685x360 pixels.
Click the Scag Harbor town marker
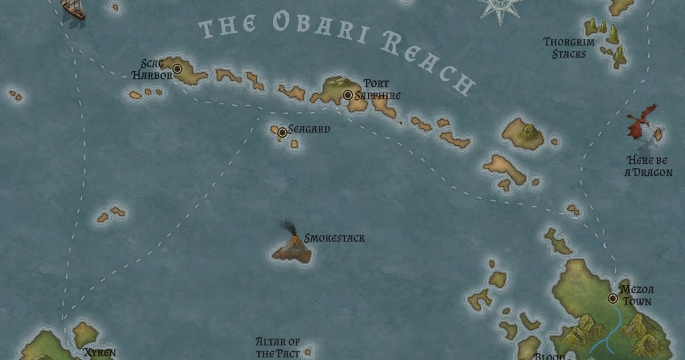[x=178, y=69]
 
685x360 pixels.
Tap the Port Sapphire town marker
[x=348, y=95]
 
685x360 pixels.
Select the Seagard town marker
[x=282, y=132]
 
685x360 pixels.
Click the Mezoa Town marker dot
[x=612, y=298]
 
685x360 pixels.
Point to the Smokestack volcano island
[x=292, y=250]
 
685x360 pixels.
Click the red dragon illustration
[x=642, y=121]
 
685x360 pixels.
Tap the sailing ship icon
[x=73, y=8]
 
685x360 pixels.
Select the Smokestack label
[x=334, y=238]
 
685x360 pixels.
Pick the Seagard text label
[x=309, y=129]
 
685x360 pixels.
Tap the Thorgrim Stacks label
[x=565, y=48]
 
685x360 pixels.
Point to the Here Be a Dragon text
[x=648, y=166]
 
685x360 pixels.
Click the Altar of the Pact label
[x=278, y=347]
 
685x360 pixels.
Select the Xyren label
[x=100, y=353]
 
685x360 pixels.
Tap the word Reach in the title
[x=428, y=64]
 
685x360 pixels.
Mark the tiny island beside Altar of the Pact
[x=308, y=351]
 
